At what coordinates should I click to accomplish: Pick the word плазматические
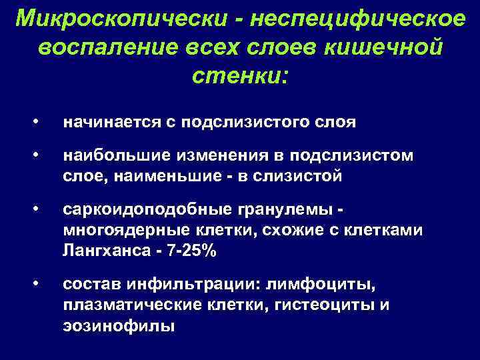click(129, 305)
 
